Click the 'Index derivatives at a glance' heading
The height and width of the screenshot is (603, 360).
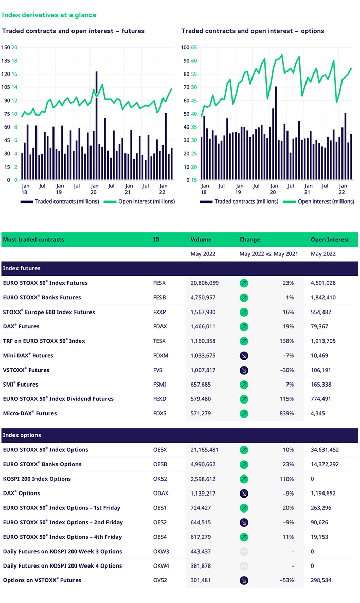pos(49,15)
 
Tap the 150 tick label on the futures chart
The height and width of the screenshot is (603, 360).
pos(6,47)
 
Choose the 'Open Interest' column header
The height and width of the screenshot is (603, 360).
pos(330,240)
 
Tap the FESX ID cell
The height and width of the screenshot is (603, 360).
pos(160,283)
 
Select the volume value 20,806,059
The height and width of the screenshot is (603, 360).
pos(205,283)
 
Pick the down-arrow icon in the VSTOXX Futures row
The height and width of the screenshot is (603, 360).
pos(244,370)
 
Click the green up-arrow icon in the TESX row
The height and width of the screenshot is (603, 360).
pos(244,341)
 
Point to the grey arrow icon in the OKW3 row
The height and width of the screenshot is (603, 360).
pos(244,551)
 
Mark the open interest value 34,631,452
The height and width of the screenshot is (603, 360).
pos(332,450)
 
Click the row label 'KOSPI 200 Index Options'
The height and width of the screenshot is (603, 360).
pos(37,479)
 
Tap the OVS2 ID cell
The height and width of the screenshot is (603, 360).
pos(160,580)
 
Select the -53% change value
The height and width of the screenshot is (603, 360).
pos(286,580)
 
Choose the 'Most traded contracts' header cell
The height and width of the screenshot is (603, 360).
pos(33,240)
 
